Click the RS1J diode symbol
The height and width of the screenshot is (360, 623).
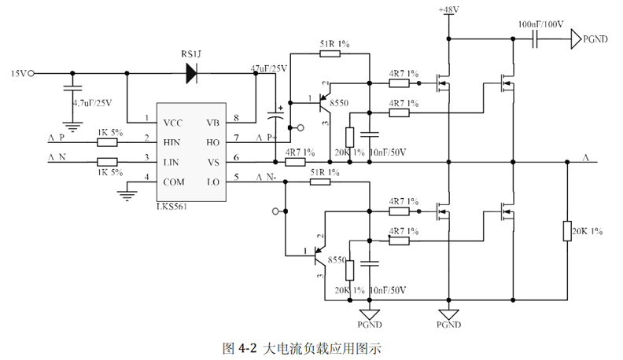(x=192, y=74)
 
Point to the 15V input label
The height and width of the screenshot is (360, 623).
(x=18, y=74)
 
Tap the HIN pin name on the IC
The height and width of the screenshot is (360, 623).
(x=173, y=142)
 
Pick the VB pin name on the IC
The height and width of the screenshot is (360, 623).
(x=213, y=123)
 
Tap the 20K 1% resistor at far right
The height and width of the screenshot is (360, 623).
(x=566, y=231)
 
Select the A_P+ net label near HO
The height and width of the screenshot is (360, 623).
(x=267, y=138)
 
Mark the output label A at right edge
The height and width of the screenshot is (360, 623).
(x=585, y=158)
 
